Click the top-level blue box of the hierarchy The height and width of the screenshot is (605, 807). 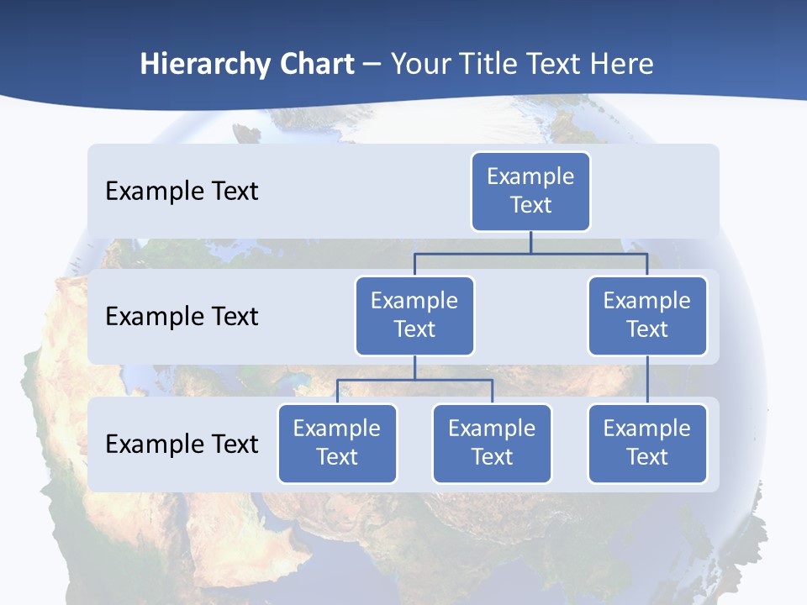pos(530,191)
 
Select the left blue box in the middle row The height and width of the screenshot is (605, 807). pos(414,315)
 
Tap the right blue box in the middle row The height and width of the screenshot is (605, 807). pos(647,315)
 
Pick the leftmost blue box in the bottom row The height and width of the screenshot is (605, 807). pos(337,443)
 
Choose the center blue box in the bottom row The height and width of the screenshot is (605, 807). pos(492,443)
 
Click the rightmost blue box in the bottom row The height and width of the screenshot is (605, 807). pos(647,443)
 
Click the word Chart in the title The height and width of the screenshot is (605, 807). pos(318,64)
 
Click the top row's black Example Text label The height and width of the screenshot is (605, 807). pos(182,192)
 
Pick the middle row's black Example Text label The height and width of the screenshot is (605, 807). pos(182,317)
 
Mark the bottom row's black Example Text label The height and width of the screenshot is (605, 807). pos(182,444)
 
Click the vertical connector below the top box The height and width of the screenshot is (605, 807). pos(530,242)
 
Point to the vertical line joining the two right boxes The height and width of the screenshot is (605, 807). pos(647,379)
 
